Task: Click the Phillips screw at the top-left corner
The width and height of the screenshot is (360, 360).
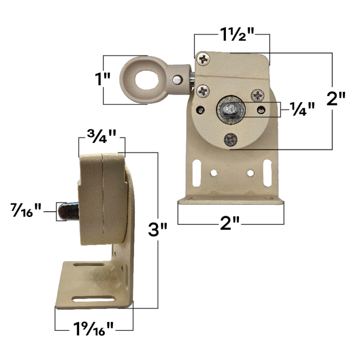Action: pyautogui.click(x=204, y=59)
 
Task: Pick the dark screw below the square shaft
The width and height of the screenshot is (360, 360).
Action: pyautogui.click(x=230, y=139)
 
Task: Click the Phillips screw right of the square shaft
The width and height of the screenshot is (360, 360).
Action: pyautogui.click(x=258, y=96)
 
